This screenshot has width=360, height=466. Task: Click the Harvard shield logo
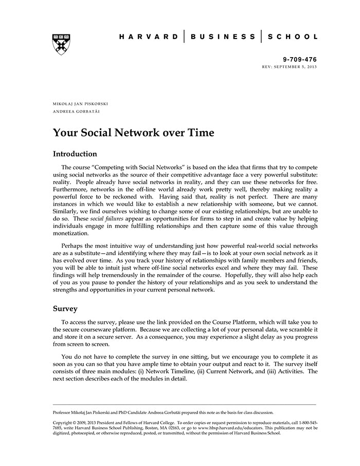[x=61, y=44]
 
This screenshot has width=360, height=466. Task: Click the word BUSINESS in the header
[x=223, y=37]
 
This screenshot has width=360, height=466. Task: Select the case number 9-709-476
[x=300, y=60]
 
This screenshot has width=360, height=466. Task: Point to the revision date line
[x=290, y=67]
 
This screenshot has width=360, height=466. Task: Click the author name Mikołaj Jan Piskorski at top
[x=80, y=104]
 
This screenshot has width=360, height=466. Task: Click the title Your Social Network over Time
[x=134, y=133]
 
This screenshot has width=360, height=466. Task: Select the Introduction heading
[x=75, y=154]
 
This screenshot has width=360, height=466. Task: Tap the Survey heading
[x=65, y=309]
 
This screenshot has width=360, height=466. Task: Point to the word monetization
[x=74, y=233]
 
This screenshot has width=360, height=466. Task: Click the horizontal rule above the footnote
[x=185, y=404]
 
